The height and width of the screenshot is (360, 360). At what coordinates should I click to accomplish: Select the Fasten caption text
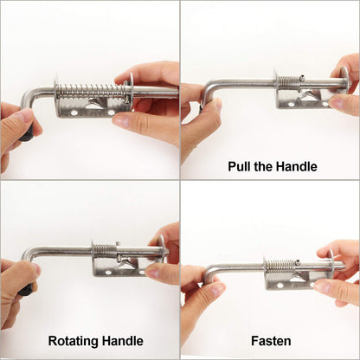click(272, 341)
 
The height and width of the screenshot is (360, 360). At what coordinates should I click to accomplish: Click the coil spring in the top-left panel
click(91, 89)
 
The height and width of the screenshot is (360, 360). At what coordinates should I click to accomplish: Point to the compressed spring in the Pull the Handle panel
click(288, 81)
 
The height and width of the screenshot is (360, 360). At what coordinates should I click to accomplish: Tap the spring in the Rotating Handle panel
click(105, 249)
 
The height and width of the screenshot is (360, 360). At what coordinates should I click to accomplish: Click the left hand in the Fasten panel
click(196, 294)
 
